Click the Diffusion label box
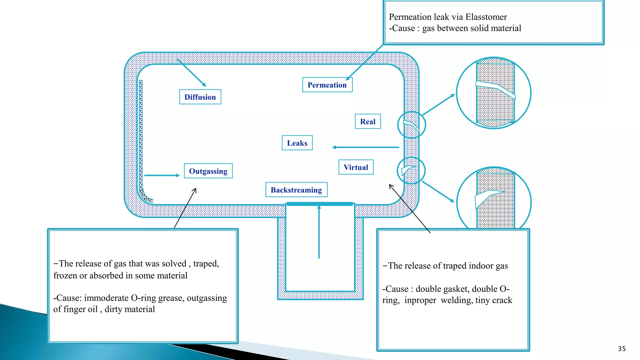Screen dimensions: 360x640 click(200, 97)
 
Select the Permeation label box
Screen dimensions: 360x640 click(327, 85)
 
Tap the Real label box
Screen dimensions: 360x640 click(368, 122)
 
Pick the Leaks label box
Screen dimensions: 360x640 click(297, 143)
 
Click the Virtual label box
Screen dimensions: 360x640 click(356, 167)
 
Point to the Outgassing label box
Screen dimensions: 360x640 click(208, 171)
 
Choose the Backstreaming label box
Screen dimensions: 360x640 click(296, 190)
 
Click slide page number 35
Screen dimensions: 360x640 click(622, 349)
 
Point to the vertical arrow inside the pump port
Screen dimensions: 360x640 click(319, 231)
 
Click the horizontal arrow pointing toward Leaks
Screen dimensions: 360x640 click(366, 147)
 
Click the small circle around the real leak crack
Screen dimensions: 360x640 click(411, 125)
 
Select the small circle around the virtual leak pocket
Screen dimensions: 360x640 click(411, 171)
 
